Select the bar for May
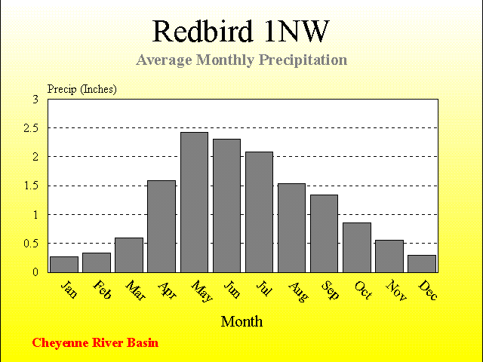[x=194, y=202]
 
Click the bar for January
[x=64, y=265]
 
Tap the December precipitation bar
[x=422, y=264]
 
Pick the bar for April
[x=162, y=226]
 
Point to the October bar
[x=357, y=247]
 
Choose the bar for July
[x=259, y=212]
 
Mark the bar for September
[x=324, y=234]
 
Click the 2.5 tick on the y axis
[x=31, y=128]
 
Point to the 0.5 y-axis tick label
[x=31, y=244]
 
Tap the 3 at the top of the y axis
[x=35, y=100]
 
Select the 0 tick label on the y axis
[x=35, y=272]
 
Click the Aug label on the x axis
[x=298, y=292]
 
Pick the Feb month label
[x=102, y=290]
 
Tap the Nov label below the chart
[x=396, y=290]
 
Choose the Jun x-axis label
[x=232, y=290]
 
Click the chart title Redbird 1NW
[x=241, y=31]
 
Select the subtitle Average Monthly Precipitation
[x=241, y=60]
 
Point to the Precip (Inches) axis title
[x=82, y=89]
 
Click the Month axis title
[x=241, y=322]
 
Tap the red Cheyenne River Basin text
[x=95, y=343]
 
